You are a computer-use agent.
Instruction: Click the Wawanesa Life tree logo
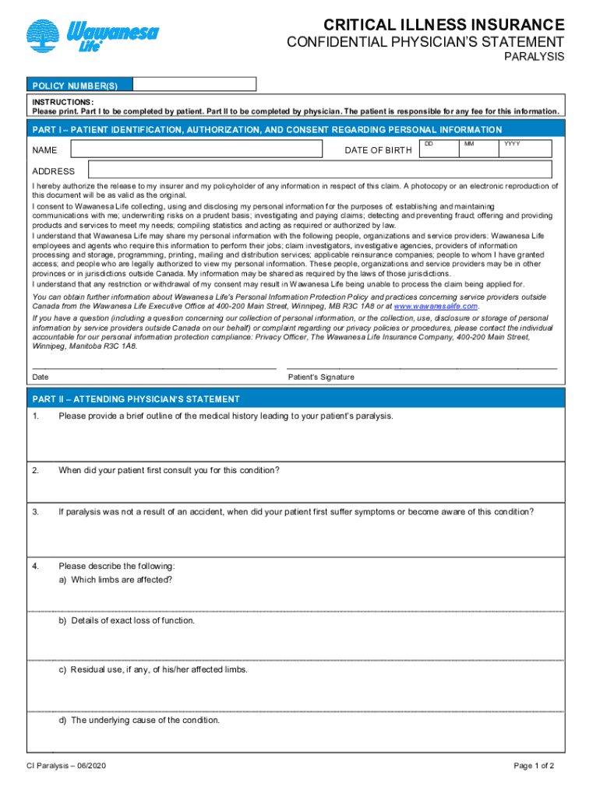[44, 36]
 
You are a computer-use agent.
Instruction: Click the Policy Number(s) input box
[194, 84]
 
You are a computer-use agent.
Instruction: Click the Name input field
[196, 149]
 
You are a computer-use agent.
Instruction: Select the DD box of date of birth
[439, 149]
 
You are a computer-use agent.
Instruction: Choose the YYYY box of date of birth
[525, 149]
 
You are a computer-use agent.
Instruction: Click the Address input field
[320, 170]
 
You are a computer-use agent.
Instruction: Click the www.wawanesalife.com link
[436, 306]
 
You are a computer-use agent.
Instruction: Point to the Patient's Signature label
[321, 377]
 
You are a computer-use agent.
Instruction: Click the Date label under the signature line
[41, 377]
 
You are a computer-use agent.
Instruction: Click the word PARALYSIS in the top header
[535, 58]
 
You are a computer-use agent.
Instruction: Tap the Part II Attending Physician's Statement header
[136, 399]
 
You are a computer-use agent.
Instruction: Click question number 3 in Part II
[36, 511]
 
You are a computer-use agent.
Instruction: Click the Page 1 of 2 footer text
[534, 766]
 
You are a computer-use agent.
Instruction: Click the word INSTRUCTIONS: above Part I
[63, 102]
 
